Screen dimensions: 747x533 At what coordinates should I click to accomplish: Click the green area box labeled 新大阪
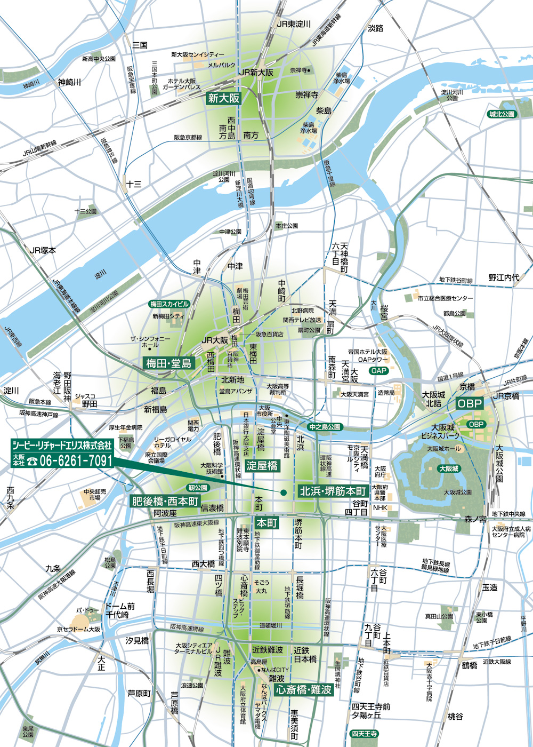click(x=224, y=98)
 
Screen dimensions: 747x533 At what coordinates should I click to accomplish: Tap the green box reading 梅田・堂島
click(x=169, y=363)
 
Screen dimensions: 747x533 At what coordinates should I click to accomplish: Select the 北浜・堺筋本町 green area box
click(x=333, y=491)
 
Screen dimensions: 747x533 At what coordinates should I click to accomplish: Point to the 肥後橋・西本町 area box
click(x=165, y=502)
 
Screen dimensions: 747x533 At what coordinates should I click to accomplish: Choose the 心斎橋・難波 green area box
click(x=304, y=689)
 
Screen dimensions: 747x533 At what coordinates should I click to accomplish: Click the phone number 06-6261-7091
click(x=70, y=460)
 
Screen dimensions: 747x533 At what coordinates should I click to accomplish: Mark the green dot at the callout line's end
click(x=284, y=492)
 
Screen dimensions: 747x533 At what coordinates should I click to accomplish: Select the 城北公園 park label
click(x=502, y=114)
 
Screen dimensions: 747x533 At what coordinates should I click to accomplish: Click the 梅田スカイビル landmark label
click(x=169, y=304)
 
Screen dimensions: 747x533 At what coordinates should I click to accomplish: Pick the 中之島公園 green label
click(x=324, y=427)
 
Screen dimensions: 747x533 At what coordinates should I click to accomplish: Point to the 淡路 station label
click(x=376, y=28)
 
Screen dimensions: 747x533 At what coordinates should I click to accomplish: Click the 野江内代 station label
click(x=504, y=277)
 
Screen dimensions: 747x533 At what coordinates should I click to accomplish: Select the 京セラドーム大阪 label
click(x=79, y=629)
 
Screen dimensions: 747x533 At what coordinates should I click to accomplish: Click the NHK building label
click(x=381, y=508)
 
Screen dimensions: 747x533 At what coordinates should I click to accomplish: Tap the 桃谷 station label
click(x=455, y=716)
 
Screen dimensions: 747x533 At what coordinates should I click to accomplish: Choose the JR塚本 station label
click(x=43, y=250)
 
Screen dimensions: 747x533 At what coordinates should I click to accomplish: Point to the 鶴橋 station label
click(x=470, y=665)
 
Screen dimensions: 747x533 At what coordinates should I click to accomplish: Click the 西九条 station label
click(x=10, y=497)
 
